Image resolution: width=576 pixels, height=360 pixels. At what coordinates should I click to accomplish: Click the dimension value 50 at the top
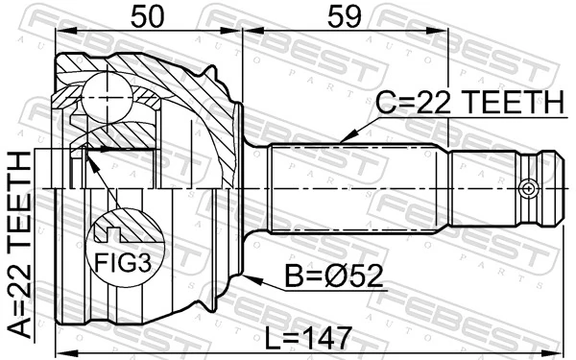pos(148,17)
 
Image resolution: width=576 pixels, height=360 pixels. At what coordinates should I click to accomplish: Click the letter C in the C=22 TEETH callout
pos(383,102)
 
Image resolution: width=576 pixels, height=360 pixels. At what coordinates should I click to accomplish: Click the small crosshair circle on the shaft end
pos(527,188)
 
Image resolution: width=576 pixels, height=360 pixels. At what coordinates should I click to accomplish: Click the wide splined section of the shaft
pos(355,188)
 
